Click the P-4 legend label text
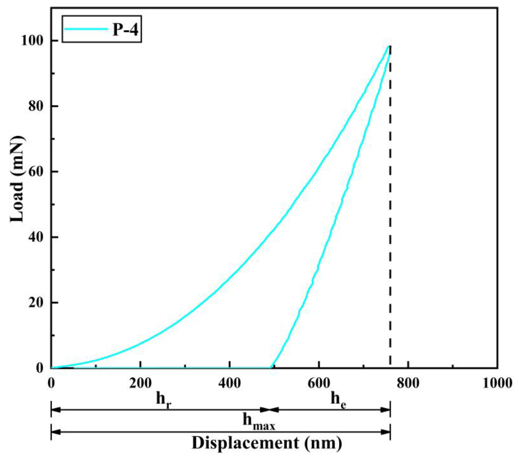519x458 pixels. (125, 29)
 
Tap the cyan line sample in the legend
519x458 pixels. (86, 29)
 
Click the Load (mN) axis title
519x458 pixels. (17, 179)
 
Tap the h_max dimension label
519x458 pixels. (259, 421)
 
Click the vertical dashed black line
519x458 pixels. (390, 203)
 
